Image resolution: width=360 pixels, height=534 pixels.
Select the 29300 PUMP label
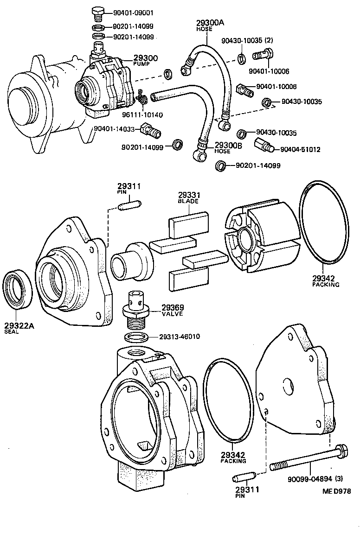tap(145, 61)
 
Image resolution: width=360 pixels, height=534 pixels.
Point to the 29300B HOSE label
tap(229, 147)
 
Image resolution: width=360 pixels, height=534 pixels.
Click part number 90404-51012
tap(300, 150)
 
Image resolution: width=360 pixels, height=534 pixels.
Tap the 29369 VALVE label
tap(173, 310)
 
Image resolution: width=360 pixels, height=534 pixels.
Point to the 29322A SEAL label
tap(19, 328)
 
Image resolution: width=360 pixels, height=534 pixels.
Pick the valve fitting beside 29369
tap(136, 307)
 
